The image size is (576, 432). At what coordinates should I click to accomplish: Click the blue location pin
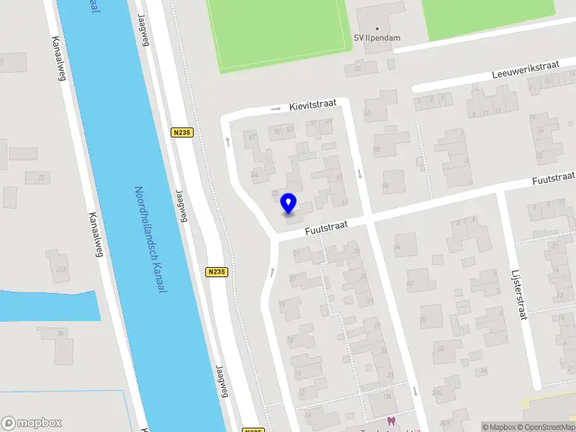pos(289,203)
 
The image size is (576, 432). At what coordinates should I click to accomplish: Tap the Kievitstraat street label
pos(313,106)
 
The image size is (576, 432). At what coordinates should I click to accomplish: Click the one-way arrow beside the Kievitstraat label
pos(276,109)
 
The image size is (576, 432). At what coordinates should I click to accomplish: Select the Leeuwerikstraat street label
pos(526,70)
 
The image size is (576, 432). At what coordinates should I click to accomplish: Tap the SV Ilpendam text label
pos(377,38)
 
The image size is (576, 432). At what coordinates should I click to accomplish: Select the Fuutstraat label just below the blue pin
pos(325,228)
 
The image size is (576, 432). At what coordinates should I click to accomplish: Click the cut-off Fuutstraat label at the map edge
pos(553,177)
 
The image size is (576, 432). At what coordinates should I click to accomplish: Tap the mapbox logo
pos(32,423)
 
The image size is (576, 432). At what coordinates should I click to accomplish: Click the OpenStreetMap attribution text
pos(546,427)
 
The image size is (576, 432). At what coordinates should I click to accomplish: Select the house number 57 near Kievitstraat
pos(252,138)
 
